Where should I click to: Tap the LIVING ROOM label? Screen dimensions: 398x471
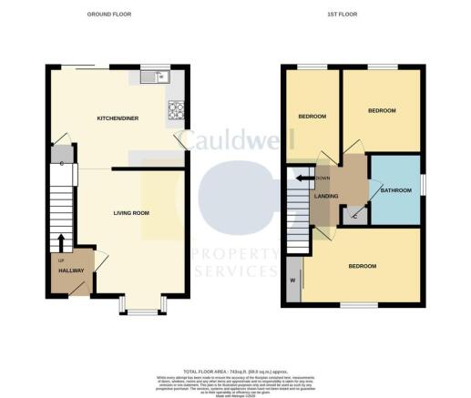[x=131, y=213]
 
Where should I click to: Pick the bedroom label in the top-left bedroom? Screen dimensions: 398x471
[x=312, y=117]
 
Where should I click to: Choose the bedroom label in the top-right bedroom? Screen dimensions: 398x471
[x=382, y=110]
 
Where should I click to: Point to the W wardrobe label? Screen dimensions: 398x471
[x=293, y=280]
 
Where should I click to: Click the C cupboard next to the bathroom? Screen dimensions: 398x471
[x=354, y=214]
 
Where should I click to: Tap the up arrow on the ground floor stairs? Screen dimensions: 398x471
[x=61, y=241]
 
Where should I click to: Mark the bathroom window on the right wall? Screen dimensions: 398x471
[x=423, y=181]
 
